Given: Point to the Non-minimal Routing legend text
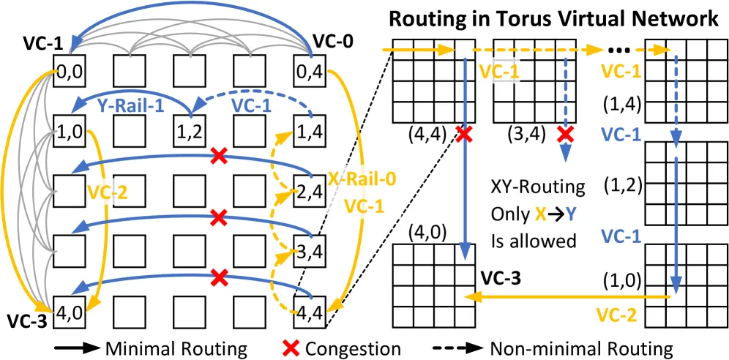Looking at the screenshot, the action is click(581, 348).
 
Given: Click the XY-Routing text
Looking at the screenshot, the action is click(537, 188).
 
